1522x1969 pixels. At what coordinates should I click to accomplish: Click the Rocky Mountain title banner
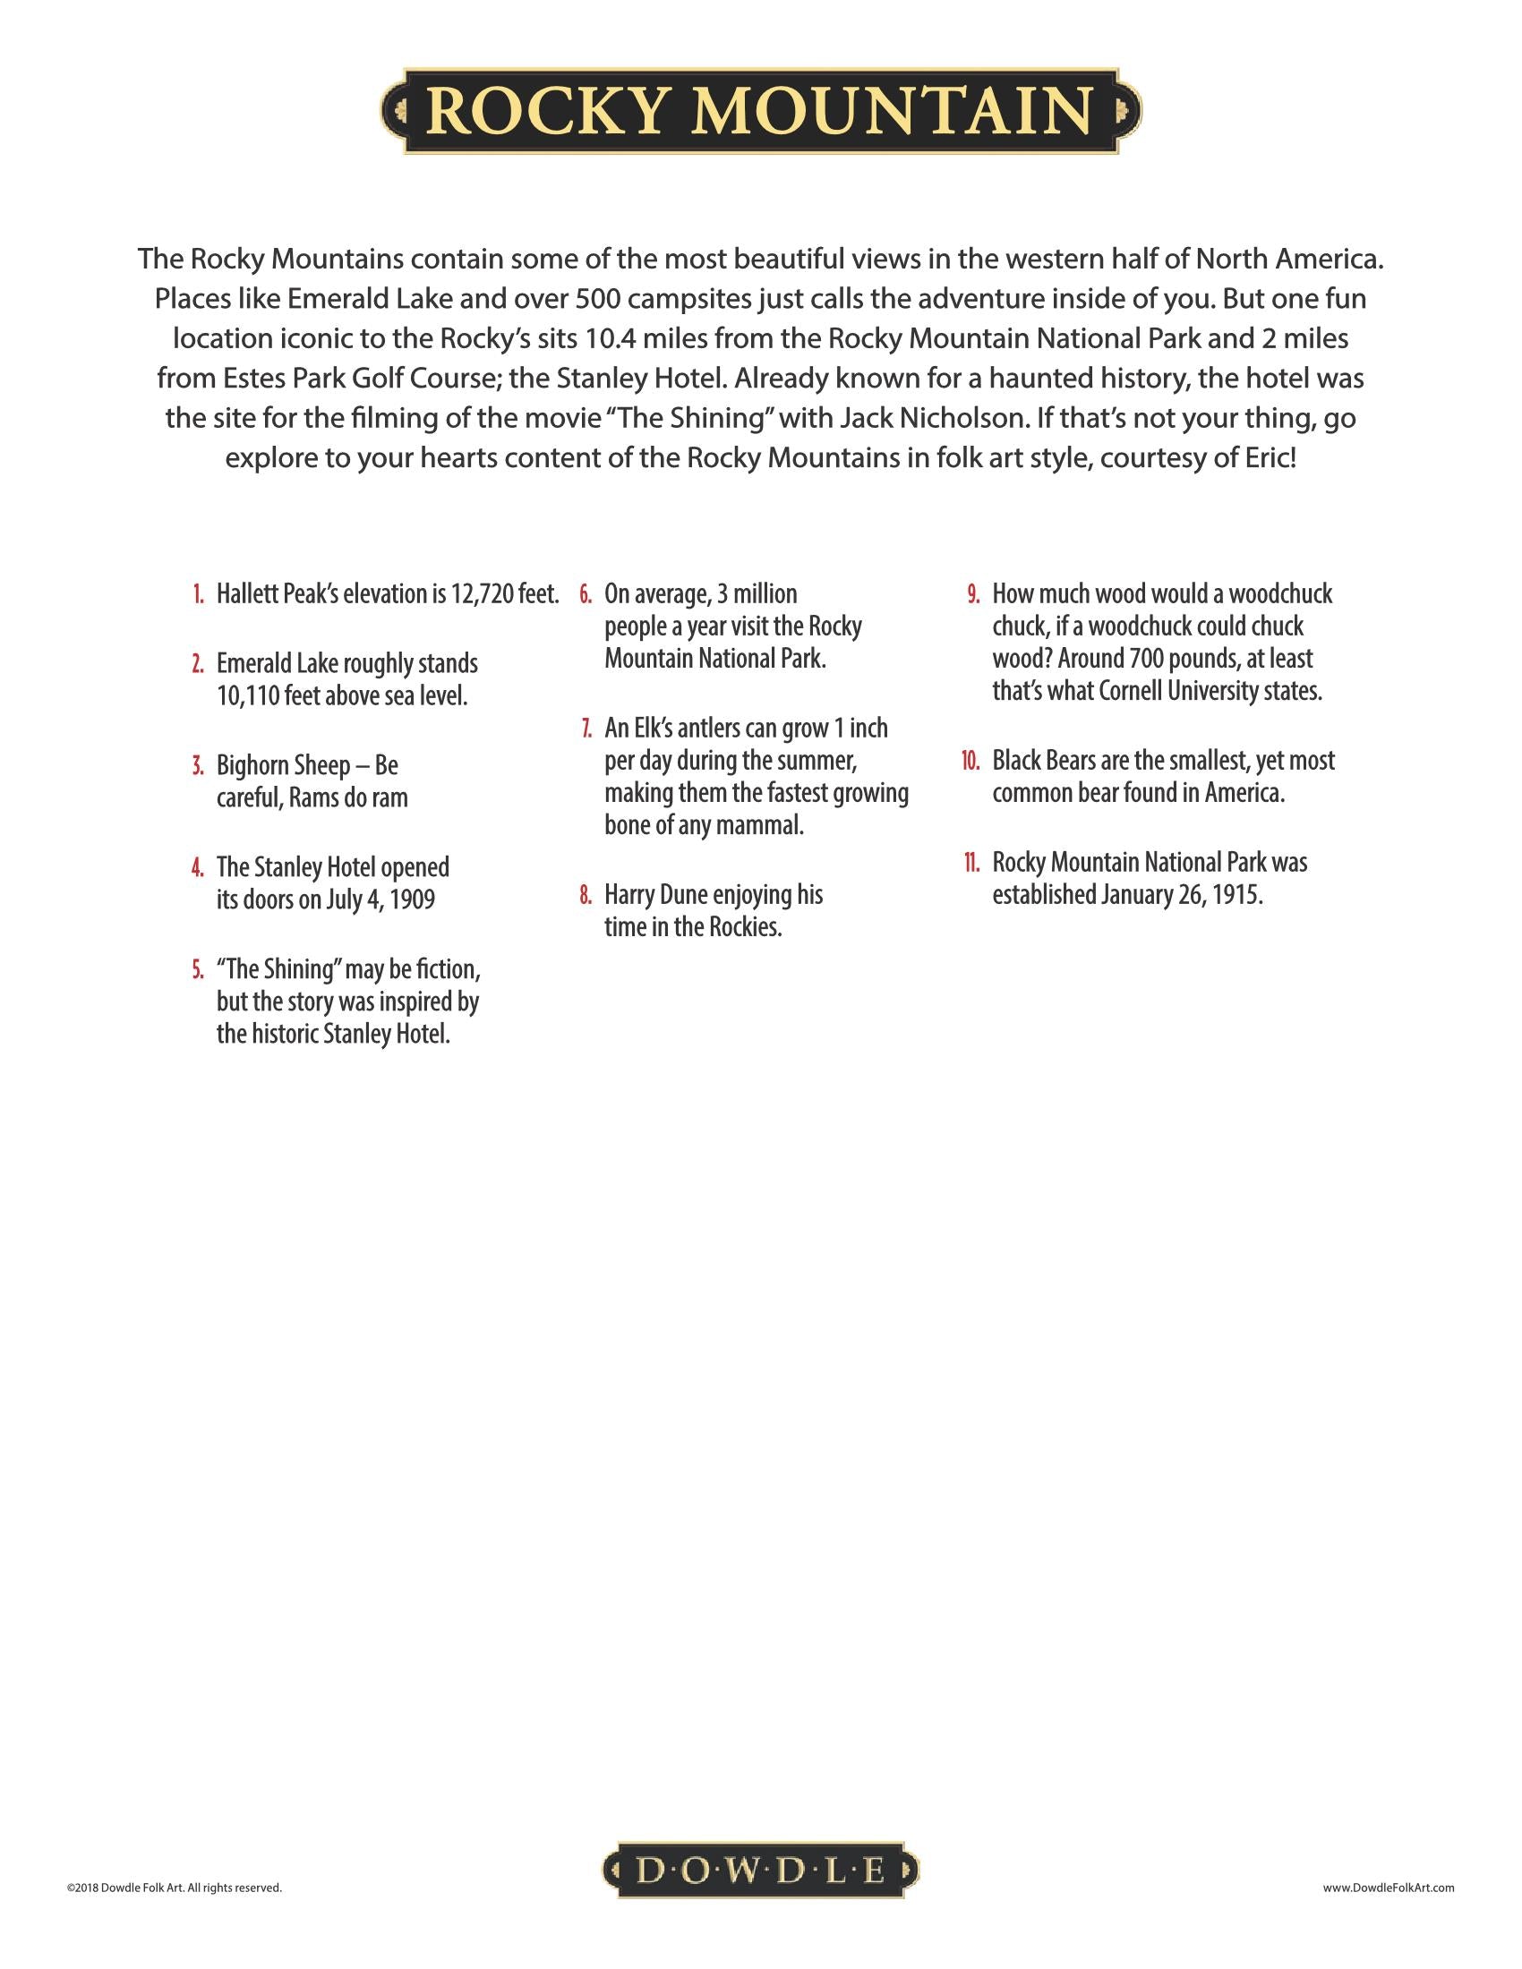click(x=760, y=111)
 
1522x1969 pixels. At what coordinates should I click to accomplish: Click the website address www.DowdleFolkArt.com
click(x=1389, y=1887)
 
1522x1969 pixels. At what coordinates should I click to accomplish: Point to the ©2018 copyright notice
click(x=174, y=1887)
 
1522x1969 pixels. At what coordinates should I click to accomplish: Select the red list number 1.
click(x=199, y=595)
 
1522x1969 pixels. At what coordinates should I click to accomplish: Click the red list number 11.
click(x=970, y=863)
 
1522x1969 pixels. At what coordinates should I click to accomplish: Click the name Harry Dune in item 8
click(x=655, y=895)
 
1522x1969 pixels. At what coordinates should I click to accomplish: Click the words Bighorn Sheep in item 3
click(x=283, y=765)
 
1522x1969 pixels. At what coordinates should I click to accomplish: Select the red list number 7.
click(x=586, y=729)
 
